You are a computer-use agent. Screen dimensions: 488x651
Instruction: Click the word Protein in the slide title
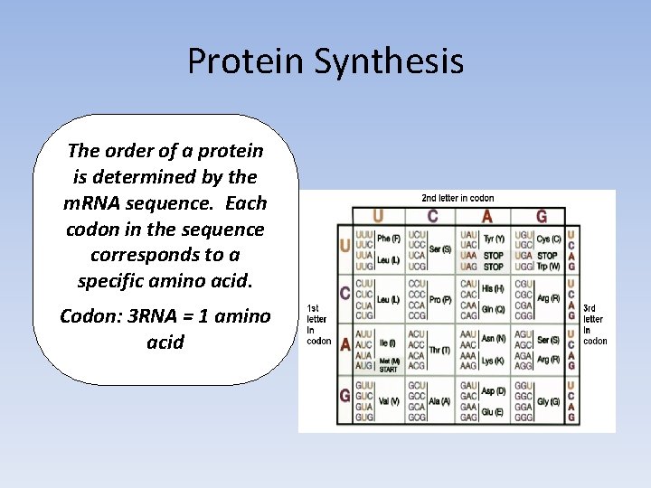246,61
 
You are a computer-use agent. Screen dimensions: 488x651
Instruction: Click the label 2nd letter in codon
458,198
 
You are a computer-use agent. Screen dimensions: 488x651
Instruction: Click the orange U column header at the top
378,216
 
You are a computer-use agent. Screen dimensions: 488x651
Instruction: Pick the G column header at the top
541,216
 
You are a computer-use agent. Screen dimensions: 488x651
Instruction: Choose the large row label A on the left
344,345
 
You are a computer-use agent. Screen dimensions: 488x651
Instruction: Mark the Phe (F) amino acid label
390,239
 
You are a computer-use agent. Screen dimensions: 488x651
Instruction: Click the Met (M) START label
390,365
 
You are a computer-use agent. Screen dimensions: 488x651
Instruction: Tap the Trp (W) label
548,266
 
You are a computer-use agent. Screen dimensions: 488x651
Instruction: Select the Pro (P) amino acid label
440,299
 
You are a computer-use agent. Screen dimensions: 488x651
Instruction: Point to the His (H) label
494,288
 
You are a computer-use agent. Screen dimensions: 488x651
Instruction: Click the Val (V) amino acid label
389,402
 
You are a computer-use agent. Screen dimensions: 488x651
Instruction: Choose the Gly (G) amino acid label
548,402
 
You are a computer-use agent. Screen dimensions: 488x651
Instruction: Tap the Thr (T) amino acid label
440,350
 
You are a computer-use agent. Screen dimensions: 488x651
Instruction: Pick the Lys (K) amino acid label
494,361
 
